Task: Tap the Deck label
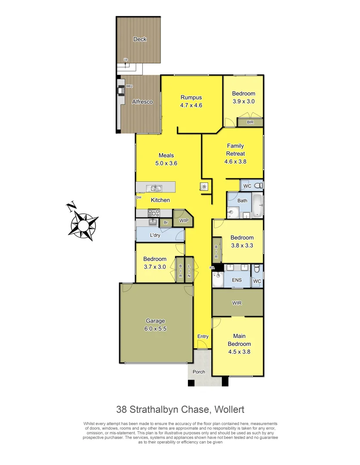point(139,39)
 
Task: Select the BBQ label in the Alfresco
point(129,86)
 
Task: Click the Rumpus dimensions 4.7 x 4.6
point(191,105)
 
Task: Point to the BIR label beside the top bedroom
point(250,122)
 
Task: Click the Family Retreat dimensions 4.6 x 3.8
point(235,161)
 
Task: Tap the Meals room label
point(166,155)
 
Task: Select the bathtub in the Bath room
point(256,206)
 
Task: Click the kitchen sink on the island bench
point(154,188)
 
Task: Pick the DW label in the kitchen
point(138,197)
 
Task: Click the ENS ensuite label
point(237,280)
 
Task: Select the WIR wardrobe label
point(237,303)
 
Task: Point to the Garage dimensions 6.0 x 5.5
point(155,328)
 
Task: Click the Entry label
point(203,336)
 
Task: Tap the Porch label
point(199,372)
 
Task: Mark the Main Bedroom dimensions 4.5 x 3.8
point(239,351)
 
